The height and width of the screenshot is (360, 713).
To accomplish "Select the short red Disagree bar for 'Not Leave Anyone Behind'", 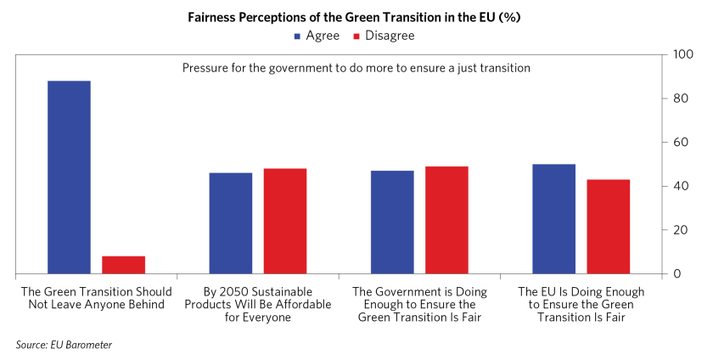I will [124, 265].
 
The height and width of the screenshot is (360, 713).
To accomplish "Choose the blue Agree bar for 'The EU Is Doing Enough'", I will [554, 218].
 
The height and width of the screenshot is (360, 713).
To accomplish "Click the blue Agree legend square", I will [297, 36].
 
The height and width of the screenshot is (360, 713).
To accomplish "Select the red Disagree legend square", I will [356, 36].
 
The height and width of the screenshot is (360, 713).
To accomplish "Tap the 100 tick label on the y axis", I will [683, 54].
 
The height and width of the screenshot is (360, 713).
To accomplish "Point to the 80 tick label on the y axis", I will [680, 98].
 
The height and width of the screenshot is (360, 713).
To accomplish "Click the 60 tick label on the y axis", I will [680, 142].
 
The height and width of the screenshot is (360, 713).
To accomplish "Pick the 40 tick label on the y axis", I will [680, 186].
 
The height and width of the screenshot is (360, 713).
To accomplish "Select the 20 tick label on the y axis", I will [680, 230].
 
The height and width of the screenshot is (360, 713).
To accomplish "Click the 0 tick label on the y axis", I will [677, 273].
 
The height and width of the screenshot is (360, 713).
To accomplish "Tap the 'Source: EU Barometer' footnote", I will [64, 344].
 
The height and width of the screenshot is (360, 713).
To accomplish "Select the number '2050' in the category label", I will [217, 291].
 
